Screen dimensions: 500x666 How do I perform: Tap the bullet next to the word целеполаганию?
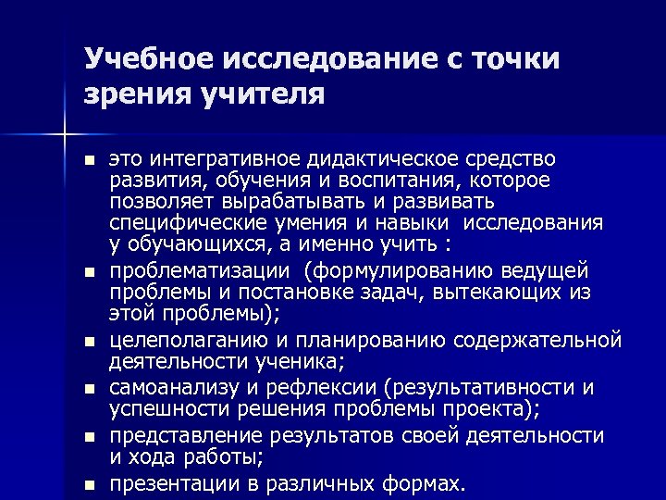pos(88,340)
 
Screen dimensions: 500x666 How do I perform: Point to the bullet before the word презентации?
pos(88,483)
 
